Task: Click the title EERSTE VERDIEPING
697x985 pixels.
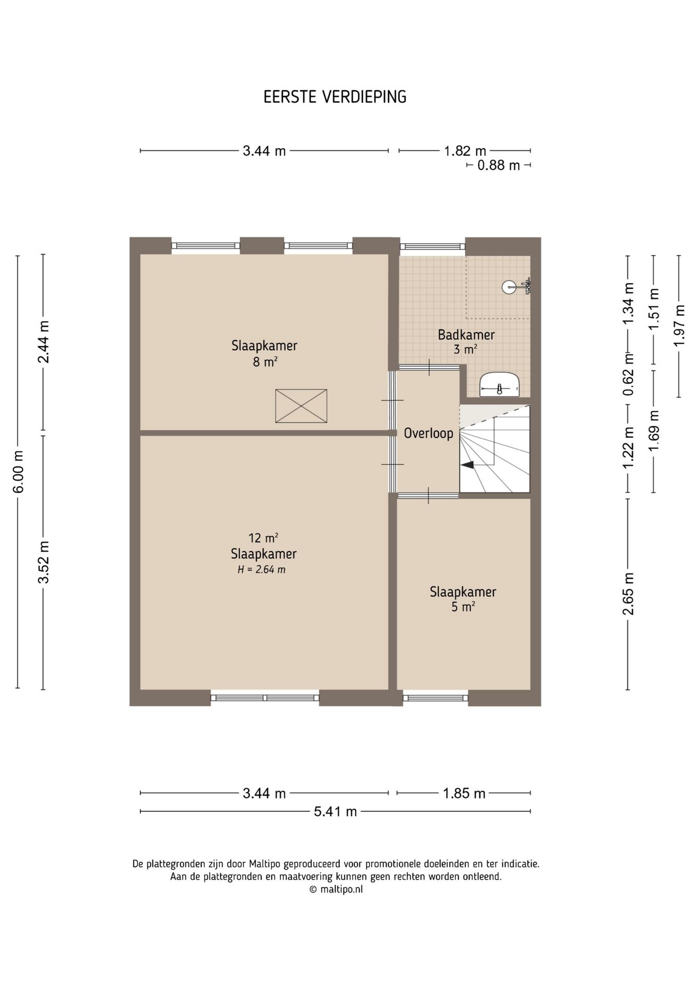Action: pyautogui.click(x=335, y=96)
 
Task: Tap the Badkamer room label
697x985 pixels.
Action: pyautogui.click(x=466, y=335)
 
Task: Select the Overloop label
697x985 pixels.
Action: pyautogui.click(x=429, y=434)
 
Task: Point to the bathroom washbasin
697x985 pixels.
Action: pyautogui.click(x=500, y=385)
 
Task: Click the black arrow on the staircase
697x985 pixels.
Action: pyautogui.click(x=467, y=465)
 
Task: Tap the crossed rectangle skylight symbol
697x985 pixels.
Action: pyautogui.click(x=301, y=406)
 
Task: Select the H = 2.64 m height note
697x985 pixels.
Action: pyautogui.click(x=261, y=569)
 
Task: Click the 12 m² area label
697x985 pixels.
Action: pyautogui.click(x=263, y=538)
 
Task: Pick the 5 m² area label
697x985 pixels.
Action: pyautogui.click(x=463, y=607)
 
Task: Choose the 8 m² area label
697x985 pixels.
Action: pyautogui.click(x=264, y=362)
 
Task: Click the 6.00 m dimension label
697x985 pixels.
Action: pyautogui.click(x=18, y=472)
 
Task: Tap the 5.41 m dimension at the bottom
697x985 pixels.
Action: pyautogui.click(x=336, y=811)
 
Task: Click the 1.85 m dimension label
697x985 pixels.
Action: pyautogui.click(x=464, y=793)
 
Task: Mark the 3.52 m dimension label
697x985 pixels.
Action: pyautogui.click(x=43, y=562)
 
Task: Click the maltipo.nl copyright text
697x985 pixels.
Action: pyautogui.click(x=336, y=890)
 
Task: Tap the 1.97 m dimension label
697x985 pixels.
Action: pyautogui.click(x=680, y=325)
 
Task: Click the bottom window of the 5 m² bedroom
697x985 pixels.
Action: pyautogui.click(x=436, y=698)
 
